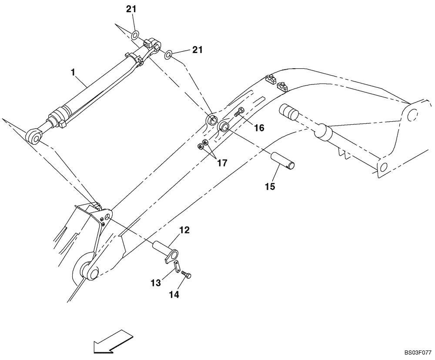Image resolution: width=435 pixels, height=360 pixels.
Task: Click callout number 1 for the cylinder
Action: pyautogui.click(x=74, y=71)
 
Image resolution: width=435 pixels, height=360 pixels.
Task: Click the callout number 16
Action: pyautogui.click(x=259, y=128)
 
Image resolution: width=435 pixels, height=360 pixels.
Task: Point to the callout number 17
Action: pyautogui.click(x=222, y=163)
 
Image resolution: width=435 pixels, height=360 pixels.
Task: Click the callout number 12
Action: pyautogui.click(x=184, y=230)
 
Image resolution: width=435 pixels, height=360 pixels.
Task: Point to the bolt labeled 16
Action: pyautogui.click(x=239, y=112)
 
